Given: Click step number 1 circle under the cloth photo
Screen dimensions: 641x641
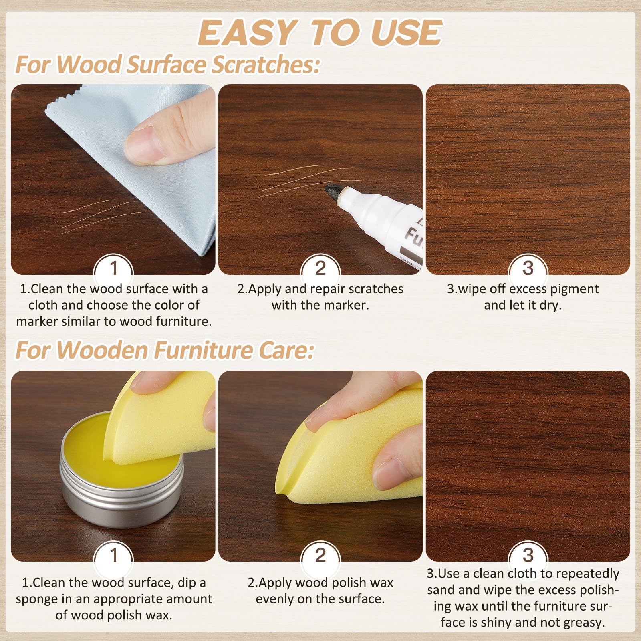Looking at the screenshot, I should click(x=113, y=268).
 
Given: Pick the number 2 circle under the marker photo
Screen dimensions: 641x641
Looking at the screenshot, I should click(x=320, y=268).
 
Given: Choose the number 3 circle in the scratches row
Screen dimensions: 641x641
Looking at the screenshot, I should click(x=528, y=268).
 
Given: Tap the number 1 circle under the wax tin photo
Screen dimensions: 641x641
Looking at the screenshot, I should click(x=113, y=555).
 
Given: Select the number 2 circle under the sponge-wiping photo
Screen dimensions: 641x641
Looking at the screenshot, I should click(x=320, y=555).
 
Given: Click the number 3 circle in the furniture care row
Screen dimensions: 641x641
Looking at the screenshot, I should click(x=528, y=555).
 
